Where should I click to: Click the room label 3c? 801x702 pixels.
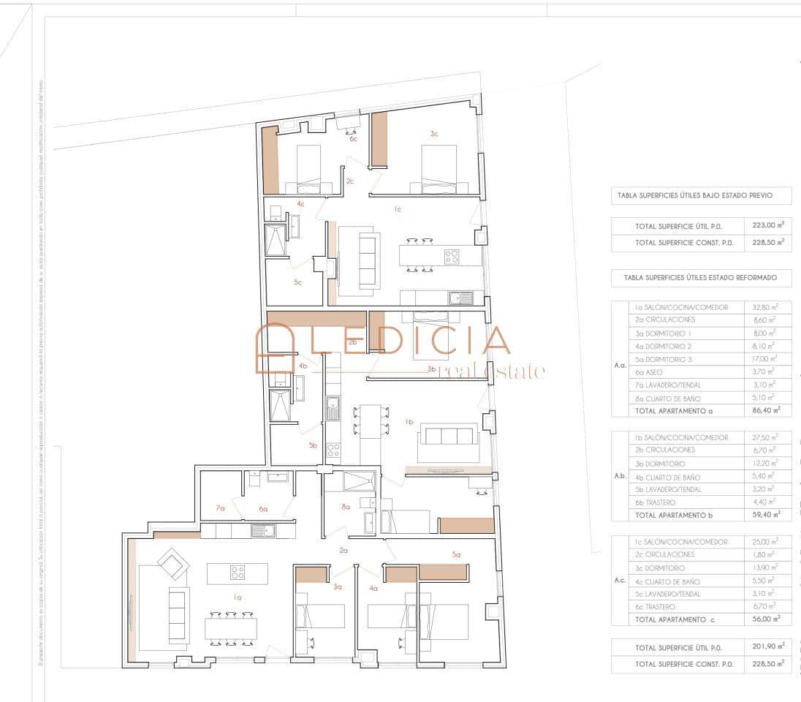(x=434, y=134)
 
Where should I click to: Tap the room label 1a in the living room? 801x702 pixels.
(x=237, y=597)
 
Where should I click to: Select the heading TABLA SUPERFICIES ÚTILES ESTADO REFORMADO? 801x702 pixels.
(x=702, y=278)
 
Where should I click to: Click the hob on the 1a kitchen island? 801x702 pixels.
(x=238, y=573)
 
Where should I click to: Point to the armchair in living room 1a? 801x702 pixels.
(x=174, y=564)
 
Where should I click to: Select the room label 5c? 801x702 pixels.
(x=298, y=282)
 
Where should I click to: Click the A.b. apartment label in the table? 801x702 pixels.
(x=620, y=476)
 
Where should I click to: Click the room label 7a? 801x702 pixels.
(x=220, y=507)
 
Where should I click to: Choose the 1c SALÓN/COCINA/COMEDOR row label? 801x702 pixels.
(x=681, y=542)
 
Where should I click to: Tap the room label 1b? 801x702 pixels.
(x=409, y=422)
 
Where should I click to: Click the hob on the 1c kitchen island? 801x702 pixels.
(x=452, y=256)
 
